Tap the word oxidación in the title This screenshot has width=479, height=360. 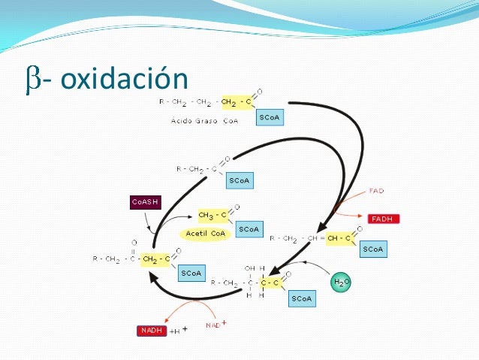pyautogui.click(x=123, y=79)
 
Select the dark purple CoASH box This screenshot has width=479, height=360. pyautogui.click(x=145, y=201)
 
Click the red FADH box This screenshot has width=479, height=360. pyautogui.click(x=384, y=219)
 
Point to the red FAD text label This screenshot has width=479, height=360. pyautogui.click(x=377, y=191)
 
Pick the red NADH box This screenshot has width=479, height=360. pyautogui.click(x=152, y=330)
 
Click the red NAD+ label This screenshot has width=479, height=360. pyautogui.click(x=216, y=325)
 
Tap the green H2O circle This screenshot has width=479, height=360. pyautogui.click(x=342, y=282)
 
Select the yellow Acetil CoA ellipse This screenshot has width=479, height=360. pyautogui.click(x=205, y=234)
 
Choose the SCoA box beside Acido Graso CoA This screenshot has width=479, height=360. pyautogui.click(x=270, y=118)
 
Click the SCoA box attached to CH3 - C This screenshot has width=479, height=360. pyautogui.click(x=249, y=228)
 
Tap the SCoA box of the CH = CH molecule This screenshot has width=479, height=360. pyautogui.click(x=372, y=248)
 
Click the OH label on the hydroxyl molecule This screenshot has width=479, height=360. pyautogui.click(x=249, y=268)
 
